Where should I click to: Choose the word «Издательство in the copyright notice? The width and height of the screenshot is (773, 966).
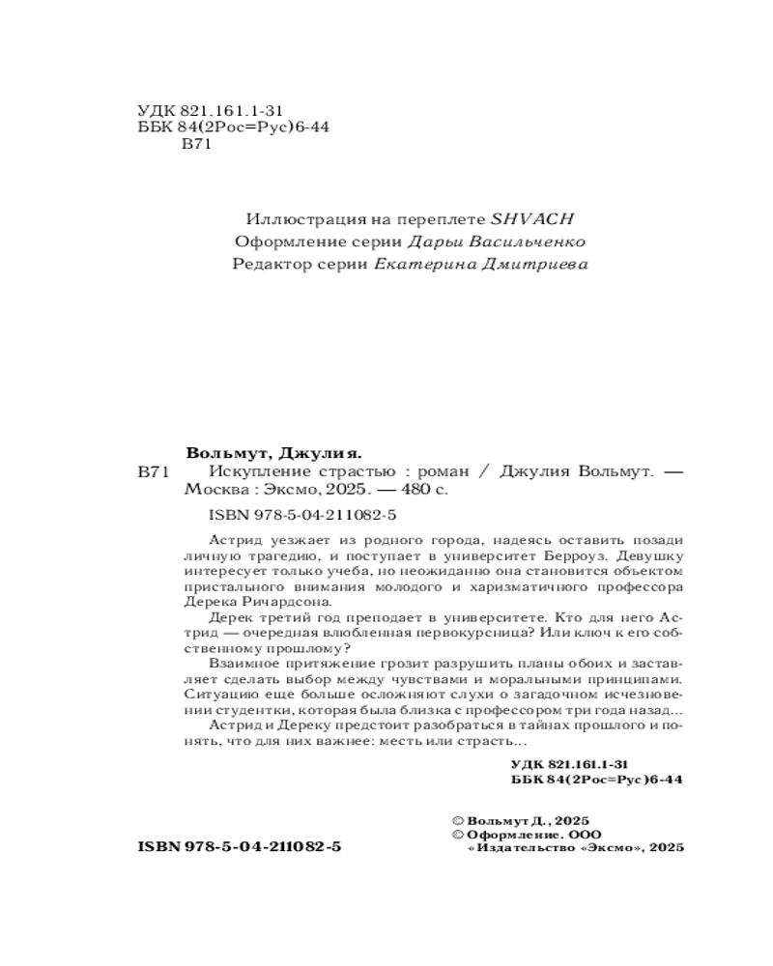point(518,846)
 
